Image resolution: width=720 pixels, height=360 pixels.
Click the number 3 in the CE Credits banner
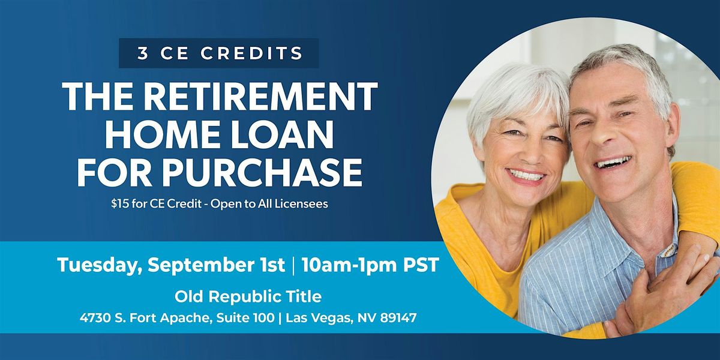coord(143,53)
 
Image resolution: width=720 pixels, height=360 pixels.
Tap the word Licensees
coord(301,204)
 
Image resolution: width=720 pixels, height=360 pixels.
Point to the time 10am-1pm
coord(349,265)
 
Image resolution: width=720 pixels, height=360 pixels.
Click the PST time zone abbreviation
coord(421,265)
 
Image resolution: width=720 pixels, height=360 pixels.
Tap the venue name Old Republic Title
coord(248,296)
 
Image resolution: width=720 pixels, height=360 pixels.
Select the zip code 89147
coord(398,318)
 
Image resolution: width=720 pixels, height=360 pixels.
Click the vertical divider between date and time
coord(293,265)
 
